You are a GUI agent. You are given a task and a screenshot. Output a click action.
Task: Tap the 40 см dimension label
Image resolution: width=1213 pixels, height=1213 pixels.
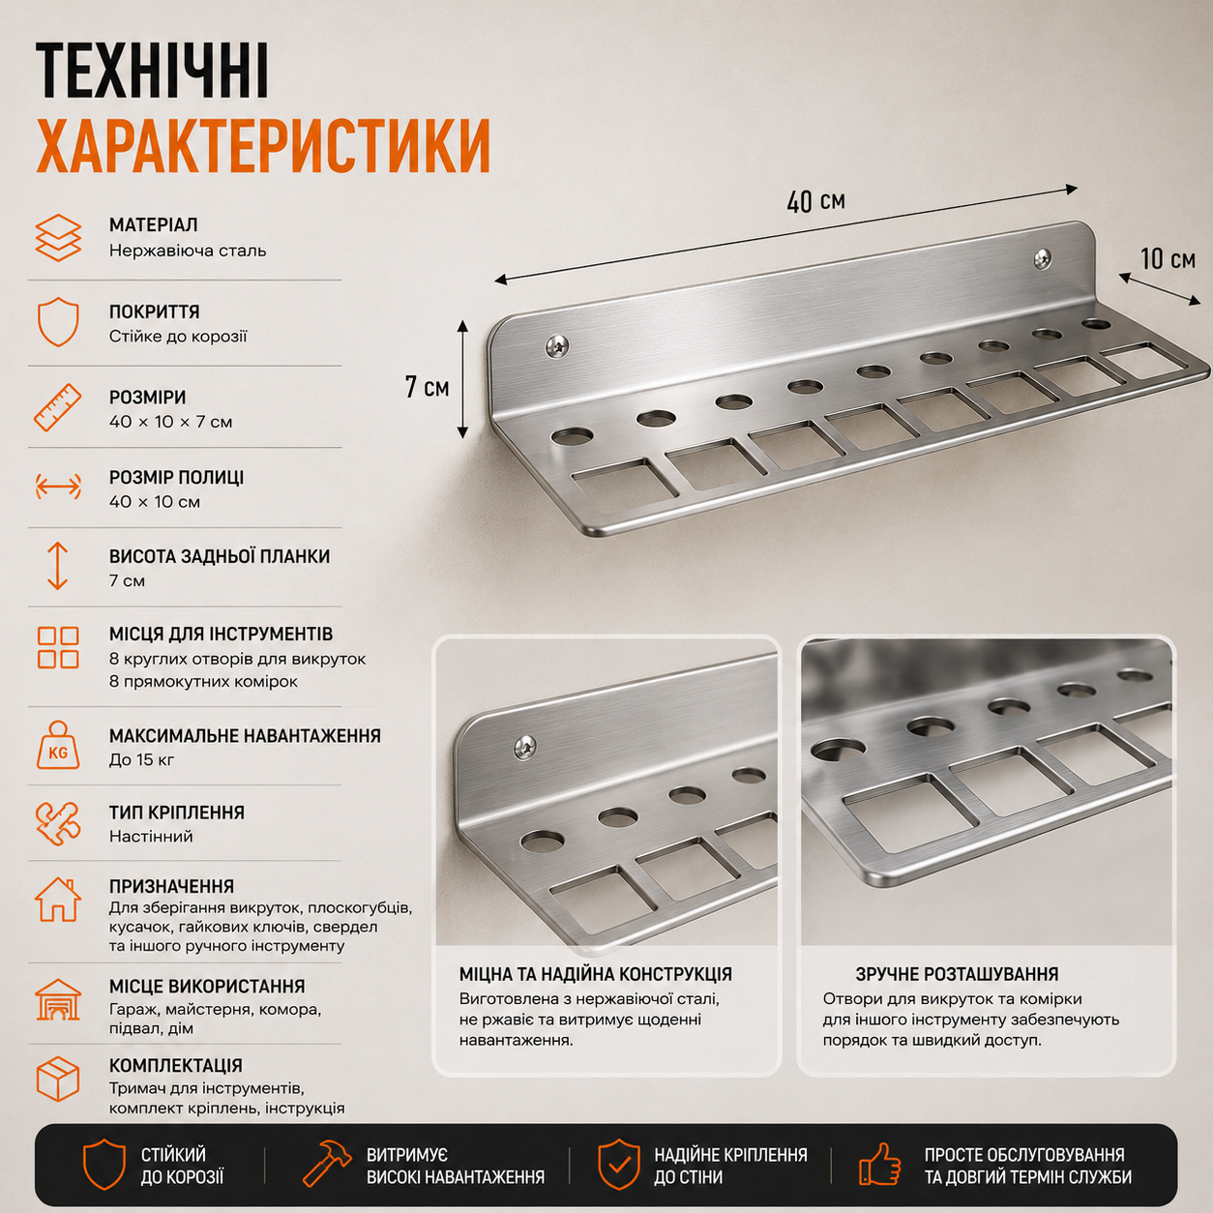click(x=815, y=201)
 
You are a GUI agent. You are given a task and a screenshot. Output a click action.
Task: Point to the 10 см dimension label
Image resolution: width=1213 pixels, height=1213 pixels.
click(x=1168, y=258)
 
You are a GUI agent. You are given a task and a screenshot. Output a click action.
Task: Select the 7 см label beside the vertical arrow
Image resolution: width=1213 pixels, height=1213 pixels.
click(x=427, y=387)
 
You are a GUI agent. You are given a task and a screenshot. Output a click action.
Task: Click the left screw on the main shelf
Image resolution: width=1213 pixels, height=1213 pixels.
click(x=557, y=345)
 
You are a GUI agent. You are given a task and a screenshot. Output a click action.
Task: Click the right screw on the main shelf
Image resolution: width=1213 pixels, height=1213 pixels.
click(x=1043, y=257)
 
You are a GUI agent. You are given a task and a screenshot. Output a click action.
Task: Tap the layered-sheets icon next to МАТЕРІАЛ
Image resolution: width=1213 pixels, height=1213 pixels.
click(x=58, y=237)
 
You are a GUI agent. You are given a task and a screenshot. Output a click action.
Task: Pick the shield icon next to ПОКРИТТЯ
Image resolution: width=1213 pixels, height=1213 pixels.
click(x=58, y=322)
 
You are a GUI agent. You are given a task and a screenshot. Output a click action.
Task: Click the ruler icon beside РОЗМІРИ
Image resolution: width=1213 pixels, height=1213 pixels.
click(x=58, y=408)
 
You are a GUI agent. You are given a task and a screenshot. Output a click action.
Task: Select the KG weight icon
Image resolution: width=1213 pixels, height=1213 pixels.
click(x=58, y=745)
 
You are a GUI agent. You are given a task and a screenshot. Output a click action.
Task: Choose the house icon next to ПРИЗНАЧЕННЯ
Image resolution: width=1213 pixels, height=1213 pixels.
click(x=58, y=900)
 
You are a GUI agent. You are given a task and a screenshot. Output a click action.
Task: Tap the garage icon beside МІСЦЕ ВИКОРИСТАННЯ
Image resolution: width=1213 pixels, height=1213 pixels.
click(x=58, y=999)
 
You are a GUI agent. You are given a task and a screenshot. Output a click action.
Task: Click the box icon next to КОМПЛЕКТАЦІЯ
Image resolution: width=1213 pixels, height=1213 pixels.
click(x=58, y=1079)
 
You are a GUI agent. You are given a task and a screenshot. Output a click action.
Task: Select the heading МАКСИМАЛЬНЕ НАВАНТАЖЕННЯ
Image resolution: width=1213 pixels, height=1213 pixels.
click(x=245, y=736)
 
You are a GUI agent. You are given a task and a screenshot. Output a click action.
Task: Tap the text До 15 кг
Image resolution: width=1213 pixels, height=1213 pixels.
click(x=141, y=759)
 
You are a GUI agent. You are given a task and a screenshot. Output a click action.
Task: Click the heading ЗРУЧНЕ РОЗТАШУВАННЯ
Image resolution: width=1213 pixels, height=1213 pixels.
click(x=957, y=974)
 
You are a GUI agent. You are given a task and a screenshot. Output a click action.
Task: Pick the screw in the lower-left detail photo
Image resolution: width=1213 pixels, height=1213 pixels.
click(x=525, y=747)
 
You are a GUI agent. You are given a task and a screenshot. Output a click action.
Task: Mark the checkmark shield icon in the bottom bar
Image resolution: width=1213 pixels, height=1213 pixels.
click(x=619, y=1164)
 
